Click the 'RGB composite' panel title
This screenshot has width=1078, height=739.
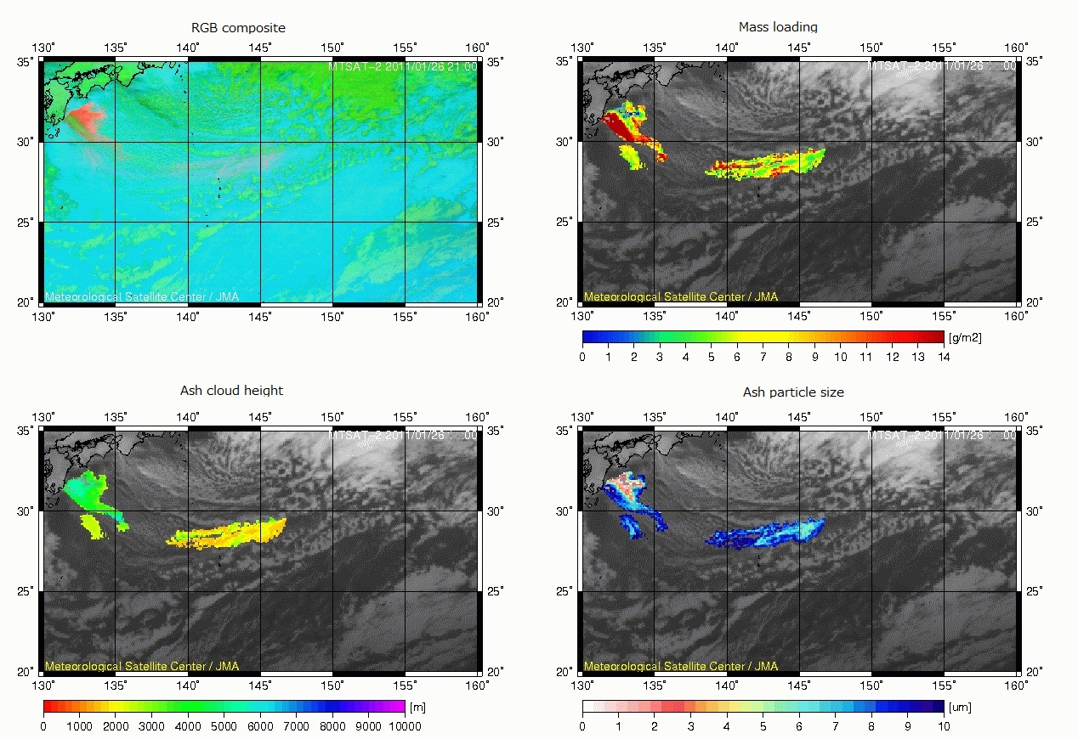239,28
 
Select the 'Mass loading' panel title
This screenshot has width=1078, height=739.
778,27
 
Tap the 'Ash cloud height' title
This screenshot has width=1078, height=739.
231,391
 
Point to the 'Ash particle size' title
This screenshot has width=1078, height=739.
793,392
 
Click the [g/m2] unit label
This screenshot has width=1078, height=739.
965,337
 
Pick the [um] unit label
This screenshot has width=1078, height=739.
962,706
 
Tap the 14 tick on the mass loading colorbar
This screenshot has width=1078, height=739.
944,357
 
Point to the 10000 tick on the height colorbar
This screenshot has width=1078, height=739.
405,725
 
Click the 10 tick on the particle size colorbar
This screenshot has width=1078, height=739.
944,725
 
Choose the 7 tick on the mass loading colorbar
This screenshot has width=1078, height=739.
763,357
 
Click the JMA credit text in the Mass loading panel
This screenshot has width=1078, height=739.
680,297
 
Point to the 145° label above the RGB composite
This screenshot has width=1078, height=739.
260,48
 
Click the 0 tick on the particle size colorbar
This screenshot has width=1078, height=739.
582,725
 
